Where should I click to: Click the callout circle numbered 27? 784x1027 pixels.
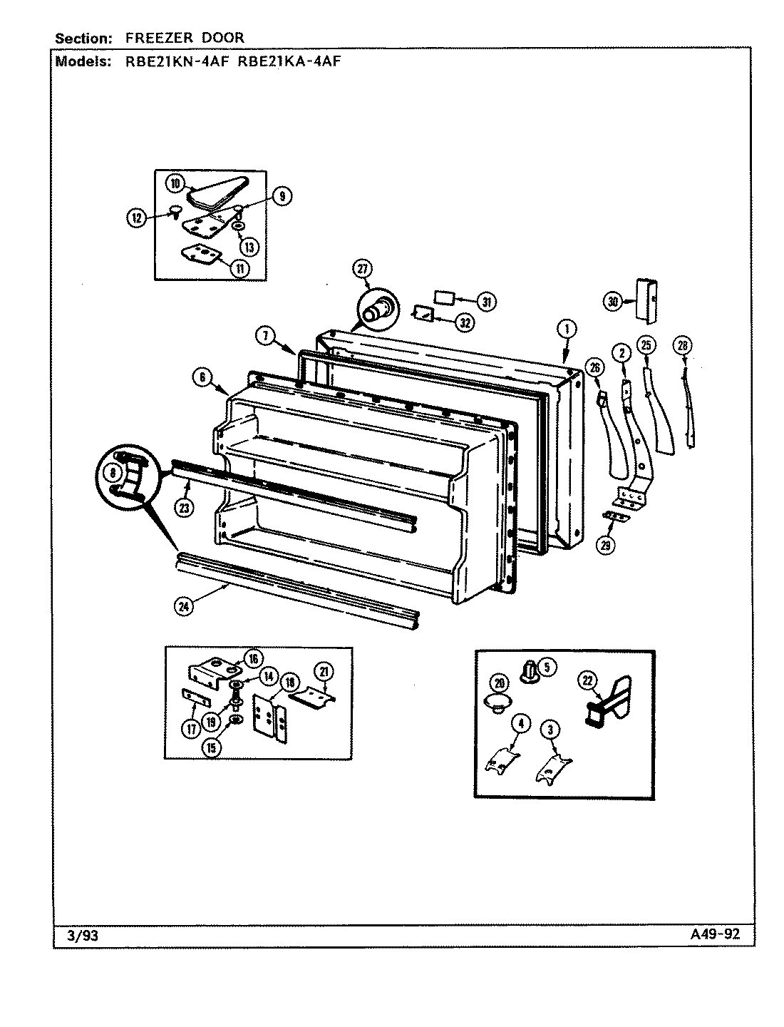coord(362,269)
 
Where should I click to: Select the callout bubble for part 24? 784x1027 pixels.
coord(185,606)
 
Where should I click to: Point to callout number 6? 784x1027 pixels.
coord(202,379)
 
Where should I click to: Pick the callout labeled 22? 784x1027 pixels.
coord(587,681)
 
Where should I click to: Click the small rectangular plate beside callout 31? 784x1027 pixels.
coord(445,296)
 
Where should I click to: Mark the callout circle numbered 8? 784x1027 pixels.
coord(113,471)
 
